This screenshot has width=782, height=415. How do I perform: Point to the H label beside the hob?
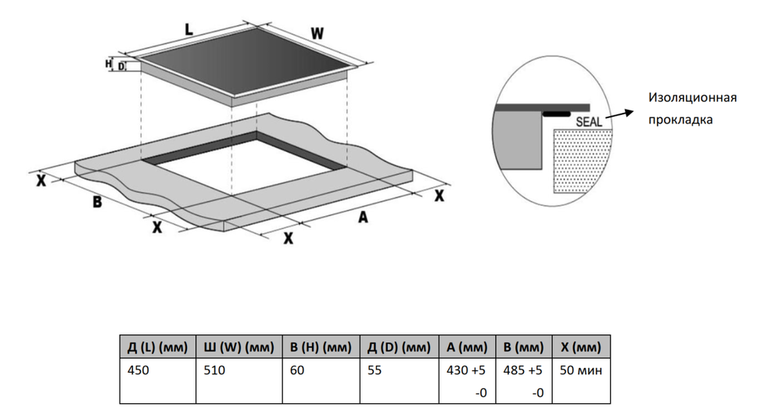109,63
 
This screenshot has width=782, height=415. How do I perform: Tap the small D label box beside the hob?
121,67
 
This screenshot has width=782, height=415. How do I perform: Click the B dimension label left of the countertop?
97,202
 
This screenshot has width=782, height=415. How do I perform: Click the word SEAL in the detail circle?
589,122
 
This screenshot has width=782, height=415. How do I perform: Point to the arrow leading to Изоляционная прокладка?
621,114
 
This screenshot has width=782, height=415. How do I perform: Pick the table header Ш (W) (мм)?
238,347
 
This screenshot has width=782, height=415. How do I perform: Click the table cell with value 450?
138,370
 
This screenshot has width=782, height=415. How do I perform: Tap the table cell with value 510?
213,370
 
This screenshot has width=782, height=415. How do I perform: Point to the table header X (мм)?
581,347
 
